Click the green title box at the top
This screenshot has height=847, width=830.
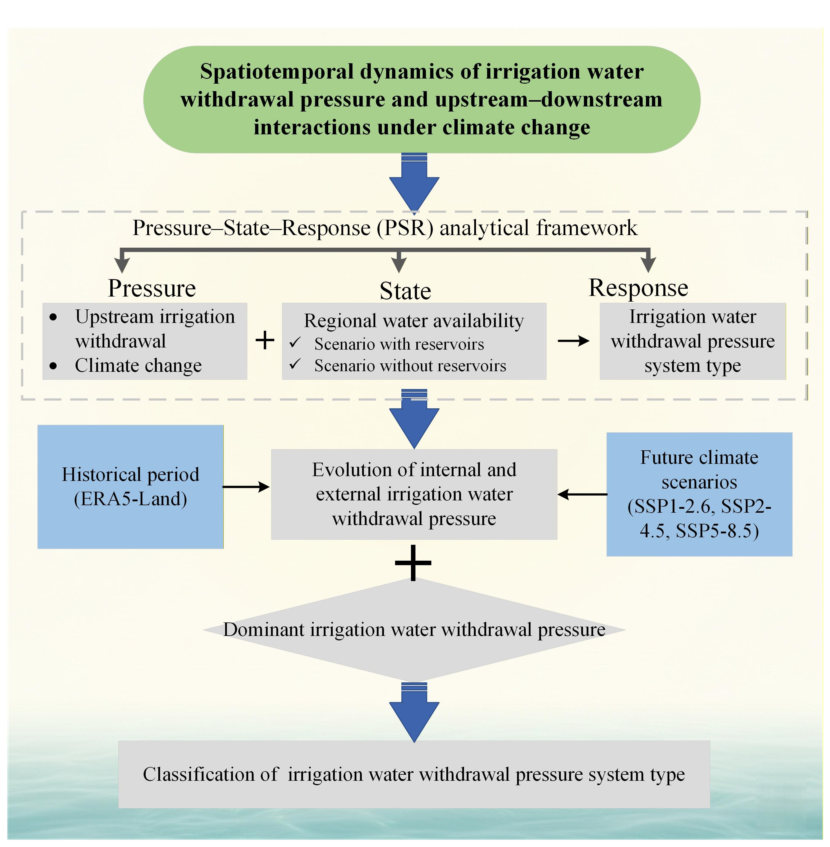click(x=421, y=99)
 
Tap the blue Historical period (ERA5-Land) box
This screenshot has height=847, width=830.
click(x=130, y=487)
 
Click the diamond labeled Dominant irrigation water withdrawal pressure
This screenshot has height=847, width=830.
click(x=414, y=629)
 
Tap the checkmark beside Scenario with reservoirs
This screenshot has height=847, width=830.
click(x=295, y=343)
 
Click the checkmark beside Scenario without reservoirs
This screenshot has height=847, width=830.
click(x=295, y=364)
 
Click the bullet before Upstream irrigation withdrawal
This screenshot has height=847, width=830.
click(x=53, y=317)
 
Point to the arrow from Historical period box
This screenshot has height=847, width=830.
click(x=246, y=487)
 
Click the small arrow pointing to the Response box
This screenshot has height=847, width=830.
click(x=573, y=341)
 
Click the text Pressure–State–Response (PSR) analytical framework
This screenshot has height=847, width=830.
click(x=385, y=228)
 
